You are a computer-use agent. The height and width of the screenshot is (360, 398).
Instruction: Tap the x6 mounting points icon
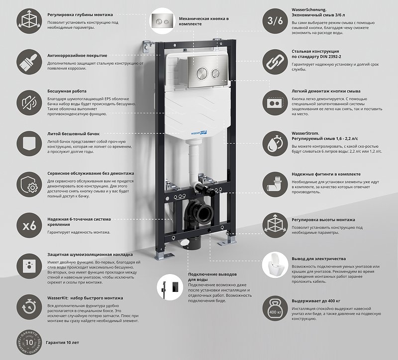point(29,225)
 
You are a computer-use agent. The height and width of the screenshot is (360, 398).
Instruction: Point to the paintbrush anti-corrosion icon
point(29,62)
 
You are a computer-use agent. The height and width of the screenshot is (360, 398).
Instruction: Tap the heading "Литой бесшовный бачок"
point(74,134)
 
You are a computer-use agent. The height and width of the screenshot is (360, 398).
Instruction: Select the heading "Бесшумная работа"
point(67,91)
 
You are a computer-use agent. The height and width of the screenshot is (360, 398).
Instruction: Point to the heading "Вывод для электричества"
point(318,259)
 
